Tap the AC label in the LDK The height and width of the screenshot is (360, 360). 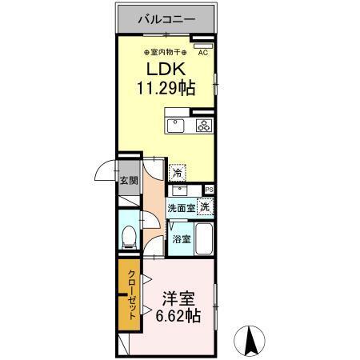click(202, 53)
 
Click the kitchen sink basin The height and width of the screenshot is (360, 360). click(174, 125)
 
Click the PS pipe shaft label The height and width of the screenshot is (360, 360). click(210, 190)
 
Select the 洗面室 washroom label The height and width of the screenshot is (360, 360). click(181, 208)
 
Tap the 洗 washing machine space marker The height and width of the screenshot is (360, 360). click(206, 207)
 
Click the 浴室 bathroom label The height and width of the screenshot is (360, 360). click(181, 238)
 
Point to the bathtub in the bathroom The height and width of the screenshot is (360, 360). click(205, 238)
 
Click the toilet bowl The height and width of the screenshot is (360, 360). click(130, 237)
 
